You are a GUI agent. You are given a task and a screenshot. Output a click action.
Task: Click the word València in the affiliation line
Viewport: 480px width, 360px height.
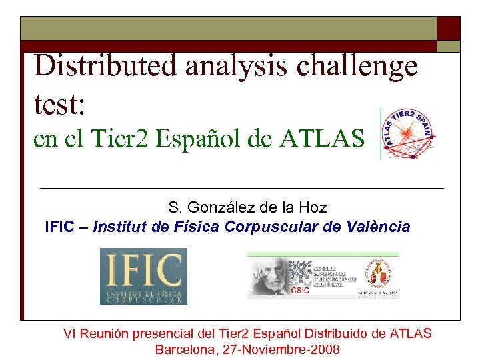(x=379, y=227)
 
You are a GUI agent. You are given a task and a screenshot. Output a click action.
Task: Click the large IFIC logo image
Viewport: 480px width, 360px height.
(x=143, y=276)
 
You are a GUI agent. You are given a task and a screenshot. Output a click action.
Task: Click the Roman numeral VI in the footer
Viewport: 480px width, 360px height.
(x=69, y=333)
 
